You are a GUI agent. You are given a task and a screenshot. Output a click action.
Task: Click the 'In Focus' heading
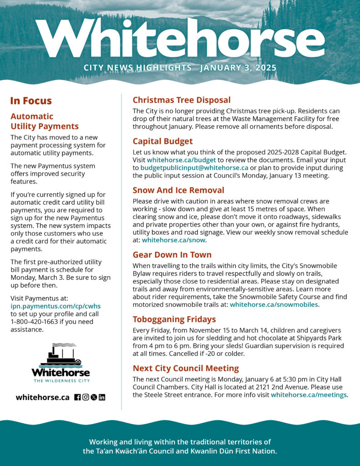tap(31, 101)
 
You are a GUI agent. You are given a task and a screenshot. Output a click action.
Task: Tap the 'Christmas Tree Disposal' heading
tap(181, 100)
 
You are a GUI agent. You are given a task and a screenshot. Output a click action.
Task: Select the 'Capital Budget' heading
tap(162, 141)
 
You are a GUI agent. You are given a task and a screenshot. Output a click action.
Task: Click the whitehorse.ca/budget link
tap(181, 160)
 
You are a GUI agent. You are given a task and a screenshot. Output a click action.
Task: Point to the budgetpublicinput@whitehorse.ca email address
tap(194, 168)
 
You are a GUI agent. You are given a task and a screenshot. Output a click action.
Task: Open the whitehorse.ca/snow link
tap(174, 240)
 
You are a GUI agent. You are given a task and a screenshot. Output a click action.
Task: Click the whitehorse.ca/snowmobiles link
tap(274, 304)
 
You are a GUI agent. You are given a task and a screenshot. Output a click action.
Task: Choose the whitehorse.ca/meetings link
tap(309, 395)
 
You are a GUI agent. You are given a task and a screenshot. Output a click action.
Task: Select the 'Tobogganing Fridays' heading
tap(174, 319)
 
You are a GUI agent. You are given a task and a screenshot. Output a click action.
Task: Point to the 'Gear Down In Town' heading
tap(172, 254)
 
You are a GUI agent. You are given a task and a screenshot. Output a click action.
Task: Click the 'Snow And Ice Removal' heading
tap(178, 190)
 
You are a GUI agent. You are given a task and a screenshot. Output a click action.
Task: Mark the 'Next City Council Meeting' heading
tap(185, 368)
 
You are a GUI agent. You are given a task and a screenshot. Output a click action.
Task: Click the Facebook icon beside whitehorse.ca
tap(77, 397)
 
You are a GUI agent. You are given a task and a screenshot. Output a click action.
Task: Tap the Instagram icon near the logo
tap(86, 397)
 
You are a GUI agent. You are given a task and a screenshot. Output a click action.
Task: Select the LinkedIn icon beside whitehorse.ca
tap(102, 397)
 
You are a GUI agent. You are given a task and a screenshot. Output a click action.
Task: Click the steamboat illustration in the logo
tap(60, 355)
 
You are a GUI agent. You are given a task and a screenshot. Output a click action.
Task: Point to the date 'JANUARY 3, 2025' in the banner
tap(238, 68)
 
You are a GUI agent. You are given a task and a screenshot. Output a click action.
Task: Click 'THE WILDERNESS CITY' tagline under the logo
tap(61, 380)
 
